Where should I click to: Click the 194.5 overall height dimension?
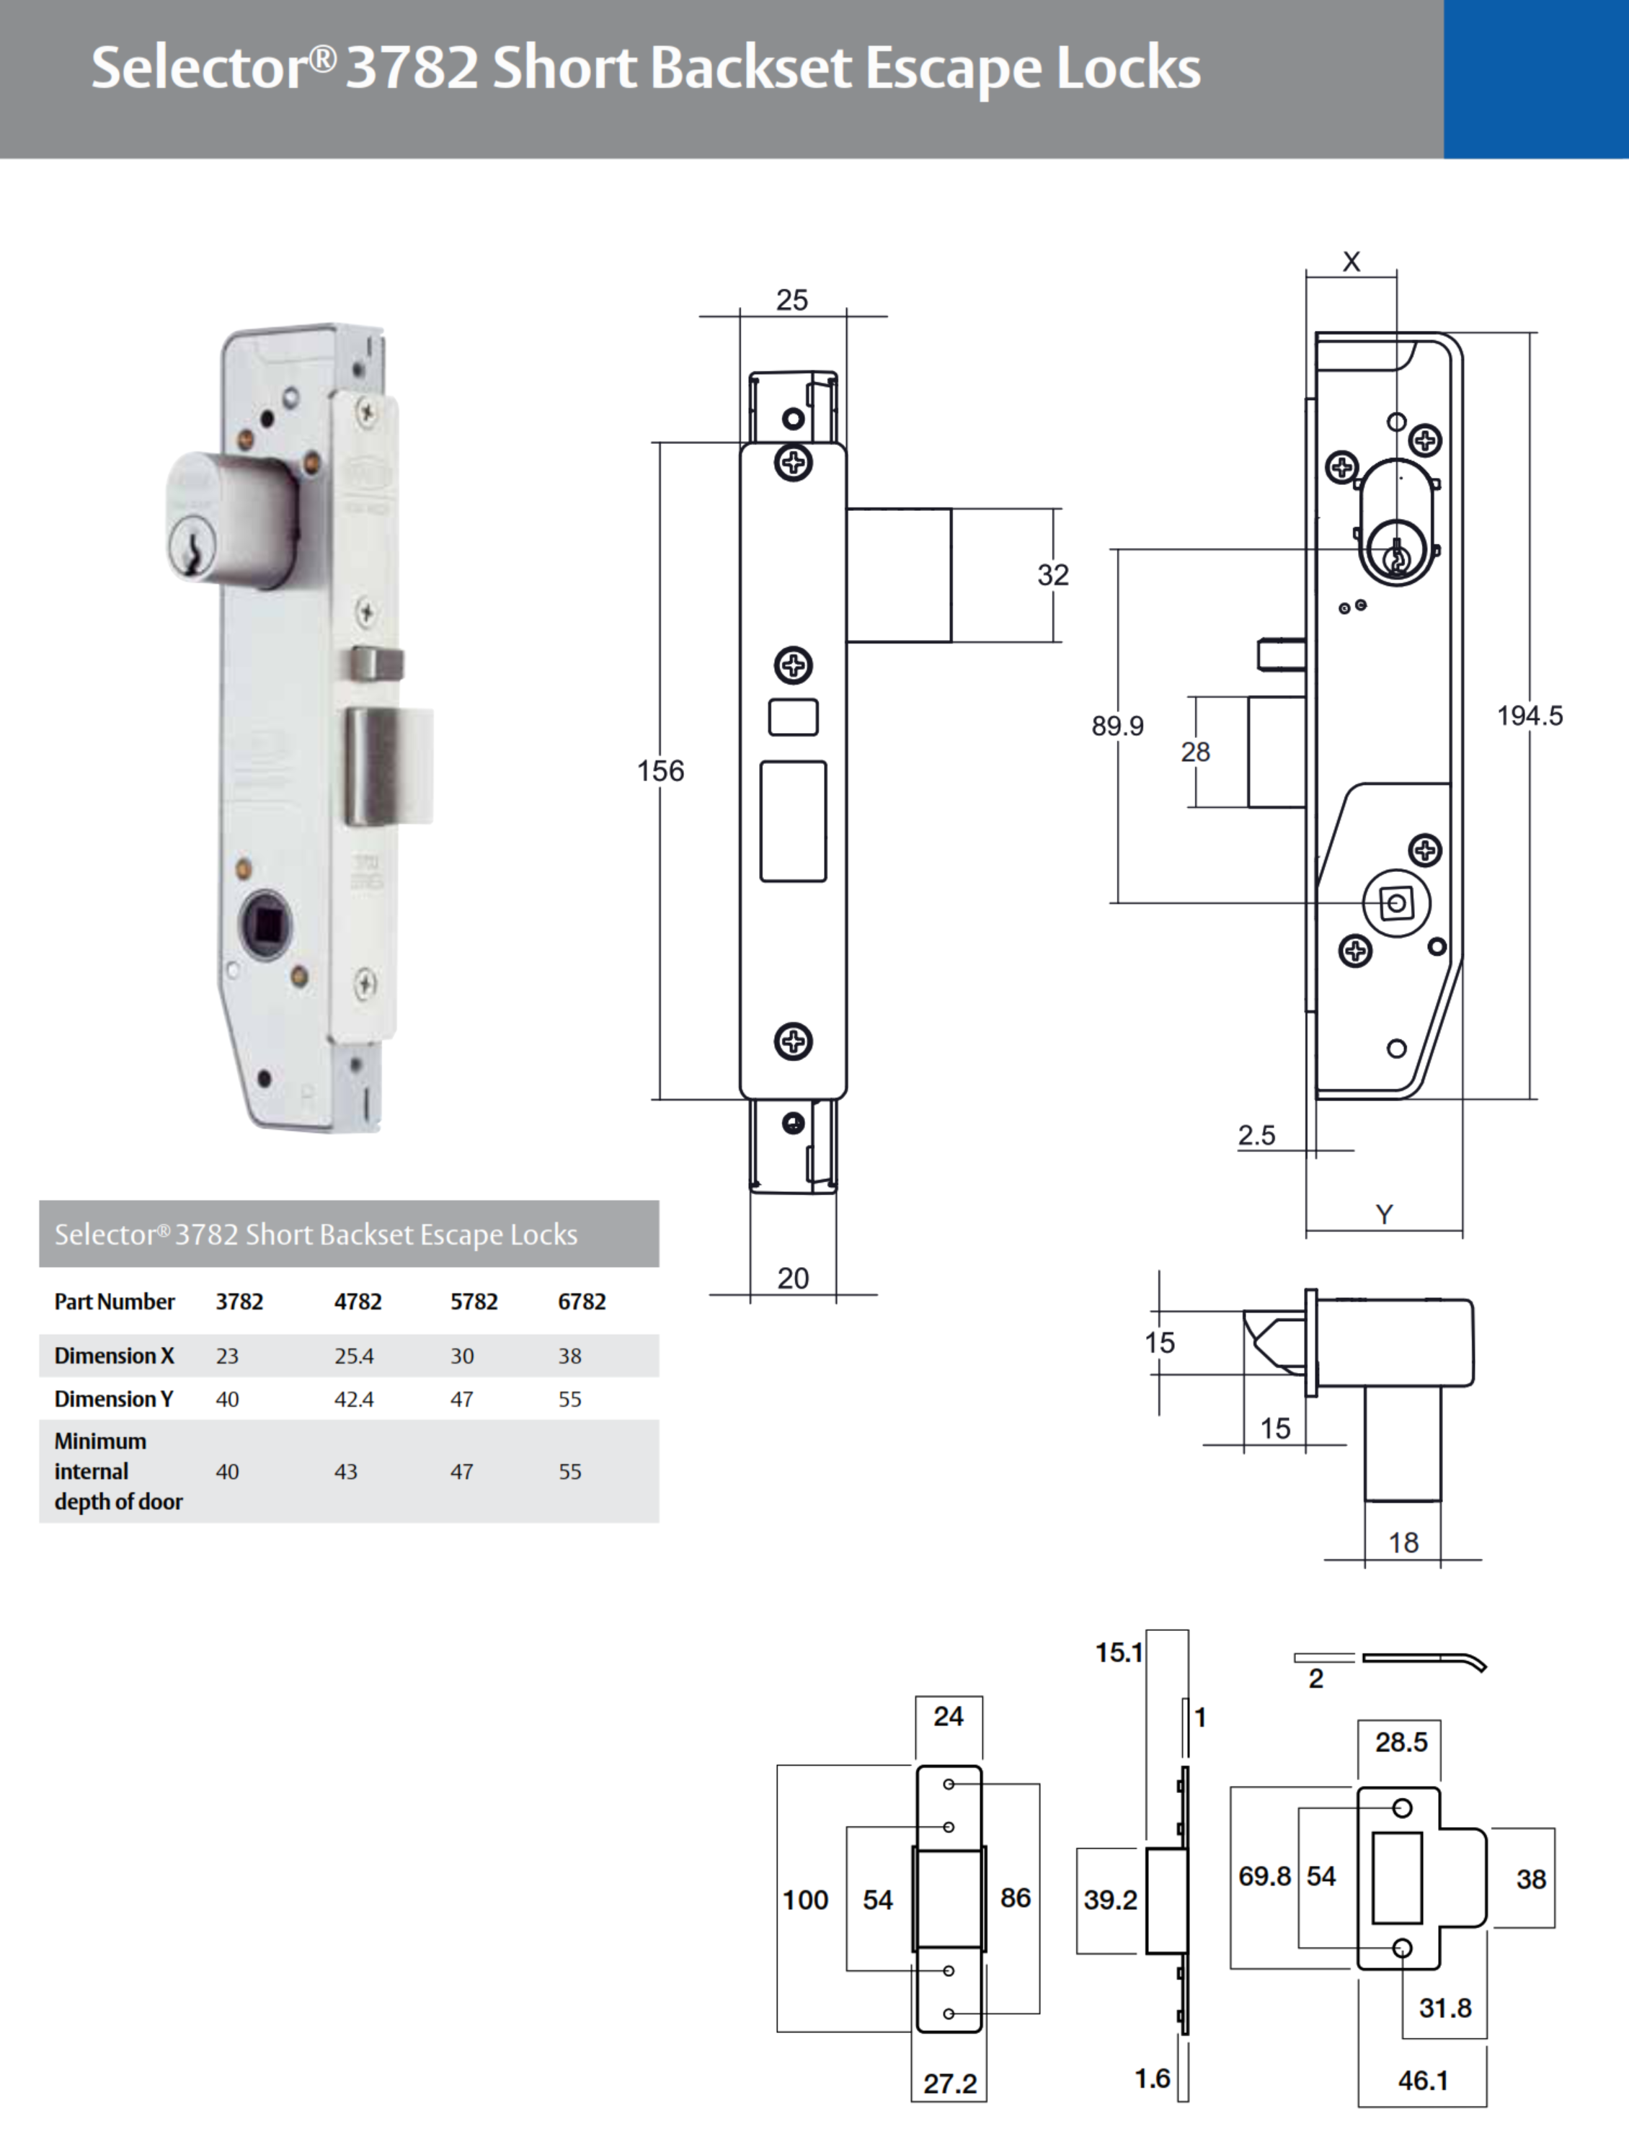click(x=1529, y=716)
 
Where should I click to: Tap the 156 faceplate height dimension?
click(x=660, y=771)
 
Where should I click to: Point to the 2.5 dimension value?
click(x=1256, y=1134)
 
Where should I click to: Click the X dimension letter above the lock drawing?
click(x=1351, y=262)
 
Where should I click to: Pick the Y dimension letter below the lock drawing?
click(x=1384, y=1214)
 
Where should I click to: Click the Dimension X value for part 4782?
click(x=354, y=1356)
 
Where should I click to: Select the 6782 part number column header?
click(x=581, y=1301)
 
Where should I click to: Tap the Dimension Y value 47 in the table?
click(x=461, y=1399)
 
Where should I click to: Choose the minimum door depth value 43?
click(x=345, y=1471)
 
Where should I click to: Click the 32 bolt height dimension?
click(x=1053, y=575)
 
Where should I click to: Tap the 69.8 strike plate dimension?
click(x=1264, y=1876)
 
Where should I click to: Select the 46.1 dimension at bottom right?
click(x=1422, y=2081)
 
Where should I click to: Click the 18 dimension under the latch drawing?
click(x=1403, y=1542)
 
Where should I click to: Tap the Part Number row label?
click(x=115, y=1301)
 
